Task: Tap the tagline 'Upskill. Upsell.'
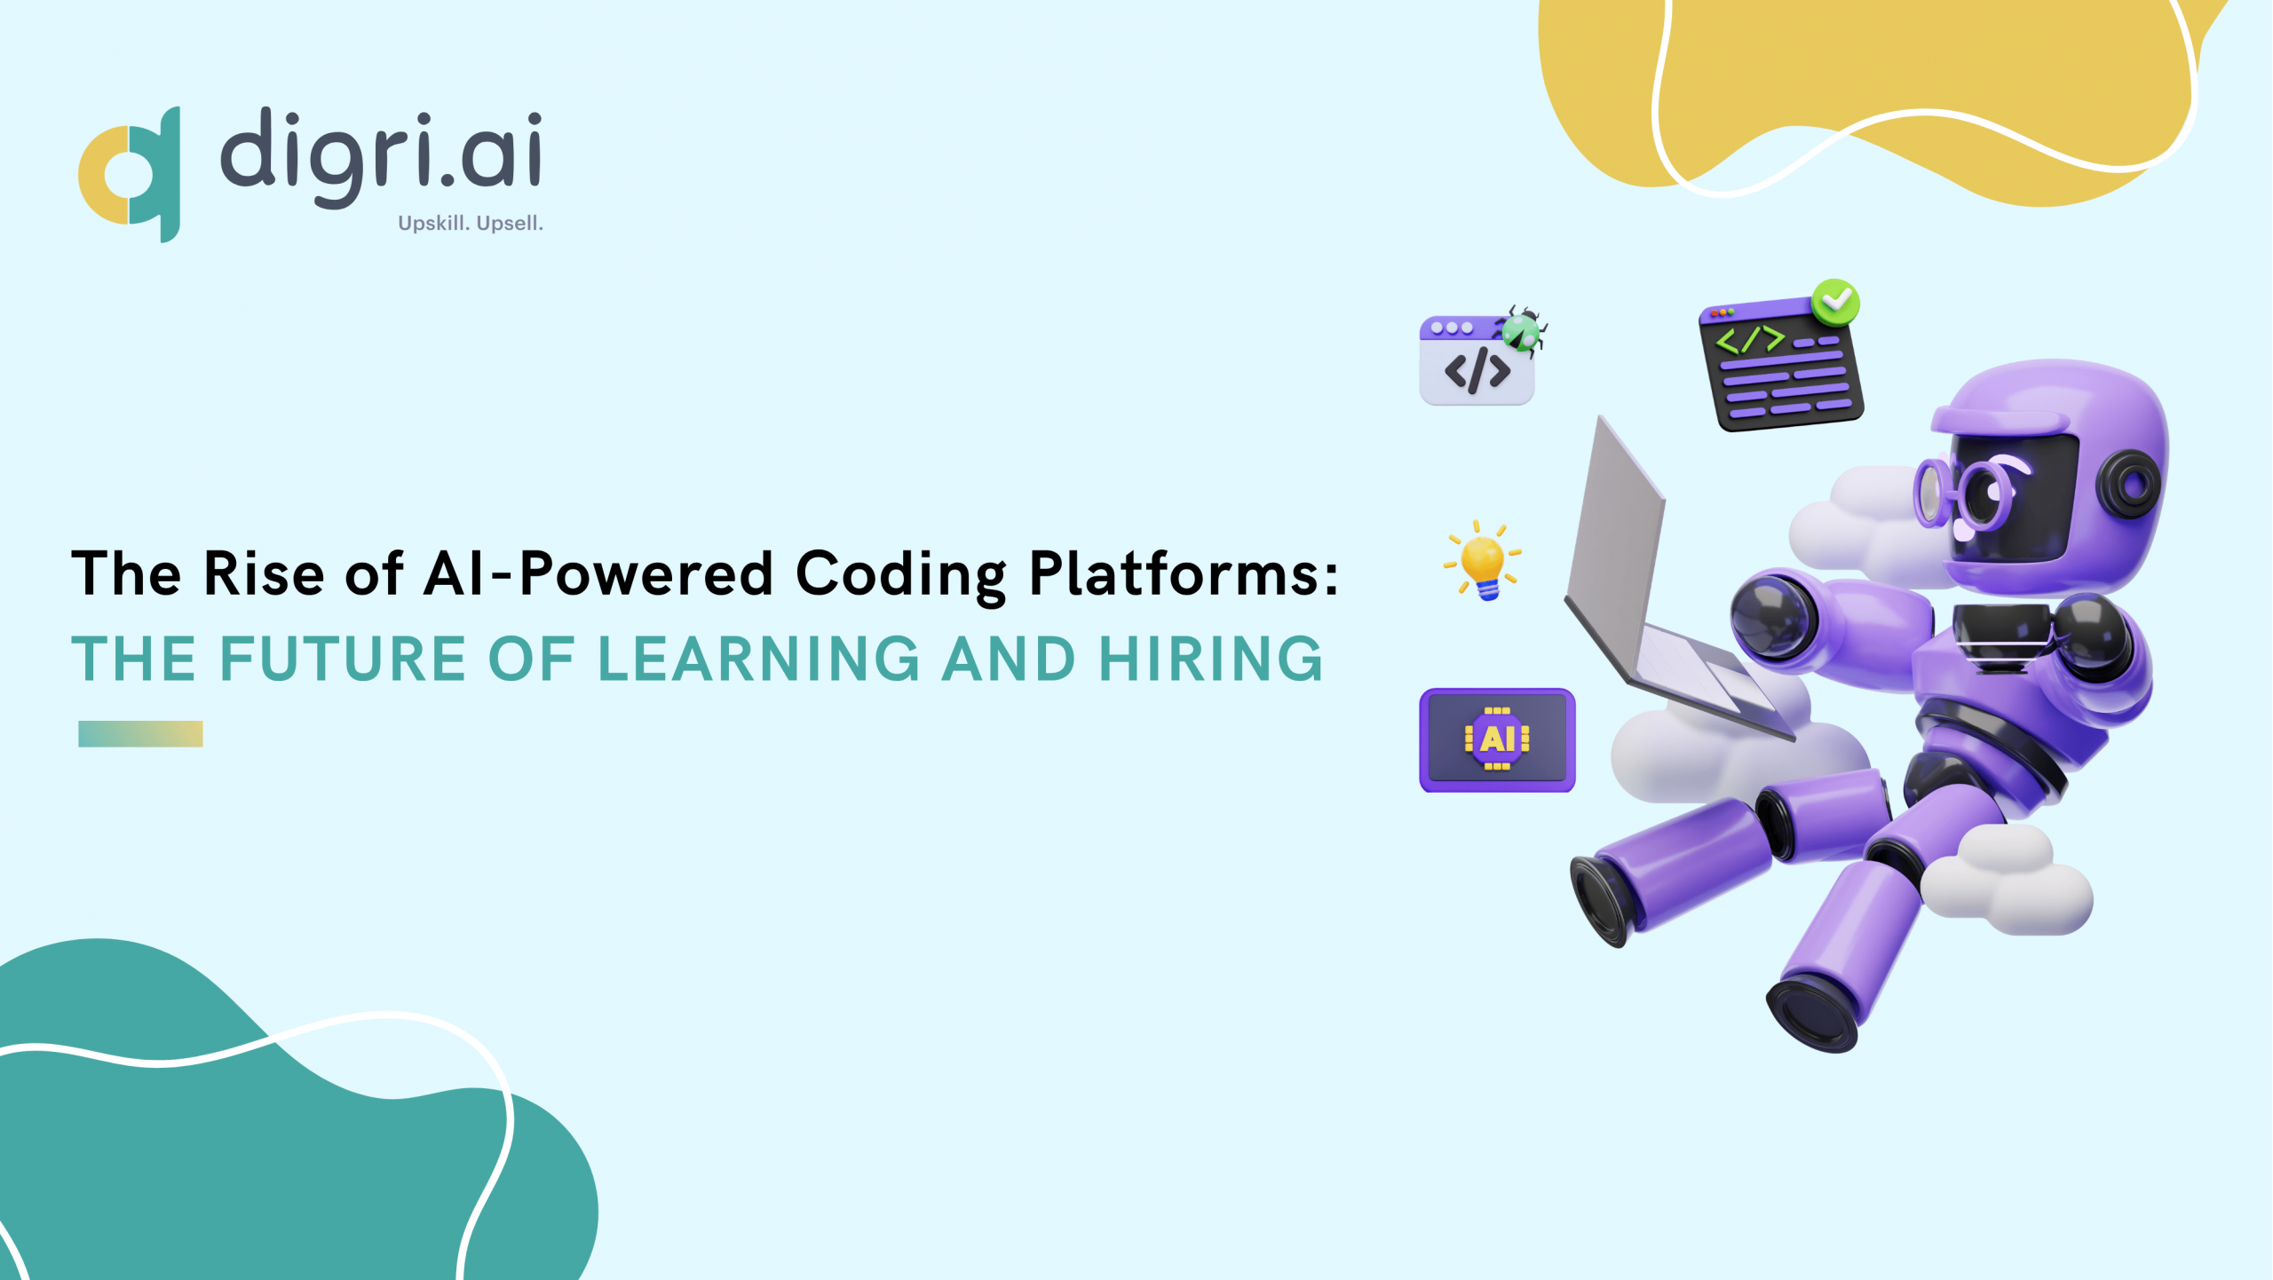(470, 223)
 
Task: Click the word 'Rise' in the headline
(264, 573)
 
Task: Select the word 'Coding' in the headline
(900, 575)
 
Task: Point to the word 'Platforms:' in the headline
(1184, 573)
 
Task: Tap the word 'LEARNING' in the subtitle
(759, 659)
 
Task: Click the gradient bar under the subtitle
(140, 733)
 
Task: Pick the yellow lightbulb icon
(1482, 561)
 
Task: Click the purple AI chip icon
(1497, 739)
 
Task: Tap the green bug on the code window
(1524, 331)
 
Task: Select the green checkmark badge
(1834, 302)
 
